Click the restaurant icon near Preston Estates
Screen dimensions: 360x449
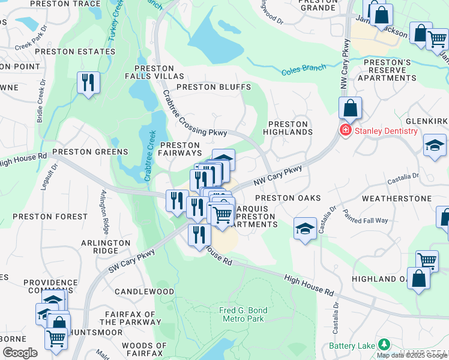(x=88, y=83)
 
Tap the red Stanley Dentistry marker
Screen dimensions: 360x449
(x=346, y=131)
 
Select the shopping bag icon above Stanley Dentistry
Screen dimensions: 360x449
(x=350, y=109)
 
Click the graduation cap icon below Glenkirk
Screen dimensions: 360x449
(x=435, y=146)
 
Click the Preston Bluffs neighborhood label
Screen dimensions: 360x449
(x=213, y=87)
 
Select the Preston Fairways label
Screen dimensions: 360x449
(x=179, y=149)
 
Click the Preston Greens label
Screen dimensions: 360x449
(x=90, y=152)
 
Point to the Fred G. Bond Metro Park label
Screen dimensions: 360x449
(x=243, y=314)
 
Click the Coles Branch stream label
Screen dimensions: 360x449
(x=303, y=70)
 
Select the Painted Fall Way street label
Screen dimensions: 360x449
(x=365, y=216)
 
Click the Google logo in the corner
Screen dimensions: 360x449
(x=20, y=353)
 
